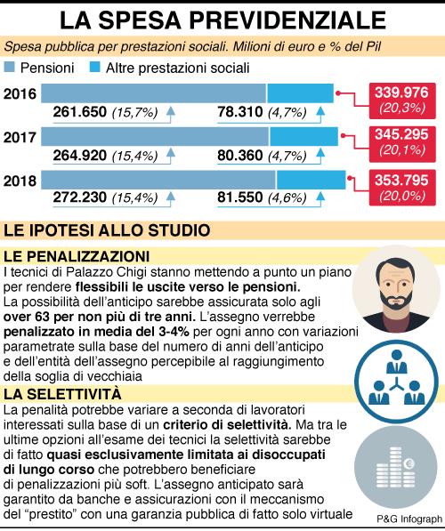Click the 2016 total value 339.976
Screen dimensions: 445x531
401,93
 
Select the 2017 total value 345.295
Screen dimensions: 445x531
401,135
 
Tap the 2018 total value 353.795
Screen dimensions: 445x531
401,181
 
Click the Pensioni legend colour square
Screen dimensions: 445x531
10,68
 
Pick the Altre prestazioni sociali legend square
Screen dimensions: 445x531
95,68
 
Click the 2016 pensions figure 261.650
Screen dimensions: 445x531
79,112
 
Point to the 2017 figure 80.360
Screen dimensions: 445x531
240,156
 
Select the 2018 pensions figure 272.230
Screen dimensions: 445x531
79,197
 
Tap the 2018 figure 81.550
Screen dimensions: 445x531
240,197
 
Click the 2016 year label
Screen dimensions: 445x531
20,93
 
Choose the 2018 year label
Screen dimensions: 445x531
20,181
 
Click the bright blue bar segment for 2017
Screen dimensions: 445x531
304,137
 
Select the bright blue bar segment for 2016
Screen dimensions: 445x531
301,93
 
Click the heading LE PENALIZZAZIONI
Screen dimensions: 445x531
77,256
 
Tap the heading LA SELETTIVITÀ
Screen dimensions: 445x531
62,394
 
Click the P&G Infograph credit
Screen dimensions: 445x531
409,519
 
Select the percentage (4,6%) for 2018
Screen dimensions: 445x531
287,197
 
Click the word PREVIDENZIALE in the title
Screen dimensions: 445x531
287,20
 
